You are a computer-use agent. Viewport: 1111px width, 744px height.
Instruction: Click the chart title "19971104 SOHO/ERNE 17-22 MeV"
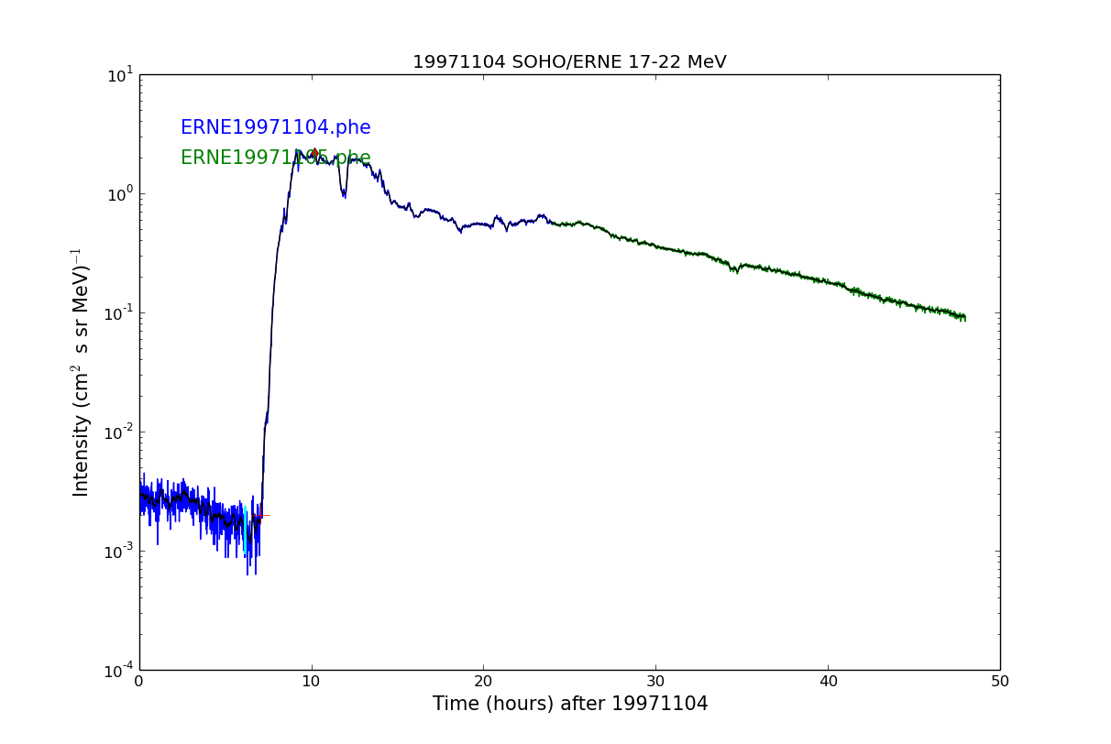pos(569,62)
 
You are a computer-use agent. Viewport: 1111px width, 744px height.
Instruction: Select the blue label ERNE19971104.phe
pos(275,128)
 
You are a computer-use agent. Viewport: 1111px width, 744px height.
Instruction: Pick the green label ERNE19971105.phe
pos(275,159)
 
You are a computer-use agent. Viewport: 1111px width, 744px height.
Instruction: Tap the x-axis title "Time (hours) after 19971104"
pos(570,704)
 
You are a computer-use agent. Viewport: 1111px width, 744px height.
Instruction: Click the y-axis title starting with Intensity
pos(82,372)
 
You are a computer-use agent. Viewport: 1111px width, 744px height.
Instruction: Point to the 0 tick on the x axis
pos(139,681)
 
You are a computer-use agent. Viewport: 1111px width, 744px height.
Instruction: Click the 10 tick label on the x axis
pos(312,681)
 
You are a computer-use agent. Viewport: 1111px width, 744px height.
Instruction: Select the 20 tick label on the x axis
pos(483,681)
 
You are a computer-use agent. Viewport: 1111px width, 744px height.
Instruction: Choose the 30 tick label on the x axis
pos(655,681)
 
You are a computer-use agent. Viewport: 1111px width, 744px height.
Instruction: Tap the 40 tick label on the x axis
pos(828,681)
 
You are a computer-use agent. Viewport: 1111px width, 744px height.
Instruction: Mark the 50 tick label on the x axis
pos(1000,681)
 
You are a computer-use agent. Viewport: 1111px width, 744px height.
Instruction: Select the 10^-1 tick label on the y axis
pos(119,312)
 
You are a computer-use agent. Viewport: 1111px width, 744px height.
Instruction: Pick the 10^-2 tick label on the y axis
pos(119,432)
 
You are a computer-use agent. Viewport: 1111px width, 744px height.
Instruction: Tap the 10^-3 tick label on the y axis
pos(119,551)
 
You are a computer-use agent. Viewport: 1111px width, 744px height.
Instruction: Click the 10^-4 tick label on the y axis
pos(119,670)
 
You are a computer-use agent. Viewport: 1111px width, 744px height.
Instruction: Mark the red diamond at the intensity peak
pos(313,153)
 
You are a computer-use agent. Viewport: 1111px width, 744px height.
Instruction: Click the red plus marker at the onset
pos(260,516)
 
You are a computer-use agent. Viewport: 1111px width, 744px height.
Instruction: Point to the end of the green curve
pos(964,318)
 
